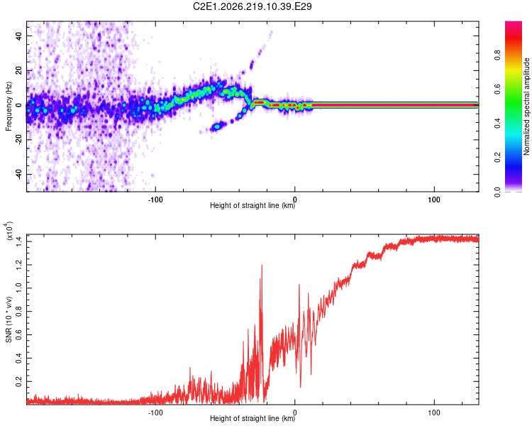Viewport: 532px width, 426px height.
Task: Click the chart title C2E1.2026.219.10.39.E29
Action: click(x=252, y=6)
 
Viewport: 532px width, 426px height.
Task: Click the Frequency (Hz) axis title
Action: click(x=9, y=106)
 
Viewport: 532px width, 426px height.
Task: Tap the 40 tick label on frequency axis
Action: click(x=18, y=36)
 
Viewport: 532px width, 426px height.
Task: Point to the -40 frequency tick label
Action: click(x=18, y=173)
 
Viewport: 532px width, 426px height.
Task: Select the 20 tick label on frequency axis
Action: click(x=18, y=71)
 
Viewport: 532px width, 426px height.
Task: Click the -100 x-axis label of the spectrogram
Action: click(x=155, y=200)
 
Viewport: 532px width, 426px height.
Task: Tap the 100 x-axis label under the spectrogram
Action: click(x=434, y=200)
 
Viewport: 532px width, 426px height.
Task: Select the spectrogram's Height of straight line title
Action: click(x=253, y=205)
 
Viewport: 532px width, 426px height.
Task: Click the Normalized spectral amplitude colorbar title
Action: click(x=526, y=106)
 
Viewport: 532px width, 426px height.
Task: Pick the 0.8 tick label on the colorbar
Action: click(x=497, y=55)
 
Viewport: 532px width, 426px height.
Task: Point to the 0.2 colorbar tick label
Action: click(x=497, y=158)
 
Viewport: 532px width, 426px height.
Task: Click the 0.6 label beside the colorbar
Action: click(x=497, y=89)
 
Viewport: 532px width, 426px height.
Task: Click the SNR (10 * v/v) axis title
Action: click(x=9, y=319)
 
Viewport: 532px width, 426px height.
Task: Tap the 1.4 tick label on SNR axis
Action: click(x=18, y=241)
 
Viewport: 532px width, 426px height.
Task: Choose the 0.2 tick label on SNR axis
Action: click(x=18, y=381)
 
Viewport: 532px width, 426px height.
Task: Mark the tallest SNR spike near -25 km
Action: click(x=262, y=266)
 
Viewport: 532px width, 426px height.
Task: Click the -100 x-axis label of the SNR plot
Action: click(x=155, y=413)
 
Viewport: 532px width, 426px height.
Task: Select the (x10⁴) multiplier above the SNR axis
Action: click(x=9, y=231)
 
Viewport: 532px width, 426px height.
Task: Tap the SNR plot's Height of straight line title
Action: click(x=253, y=418)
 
